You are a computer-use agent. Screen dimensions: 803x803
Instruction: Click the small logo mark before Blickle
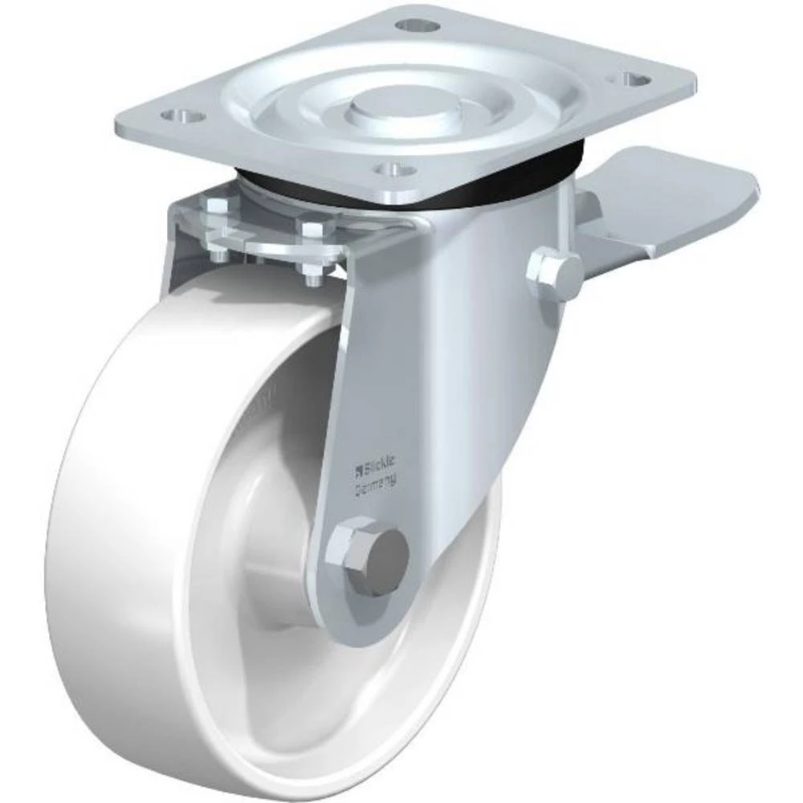tap(360, 463)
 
